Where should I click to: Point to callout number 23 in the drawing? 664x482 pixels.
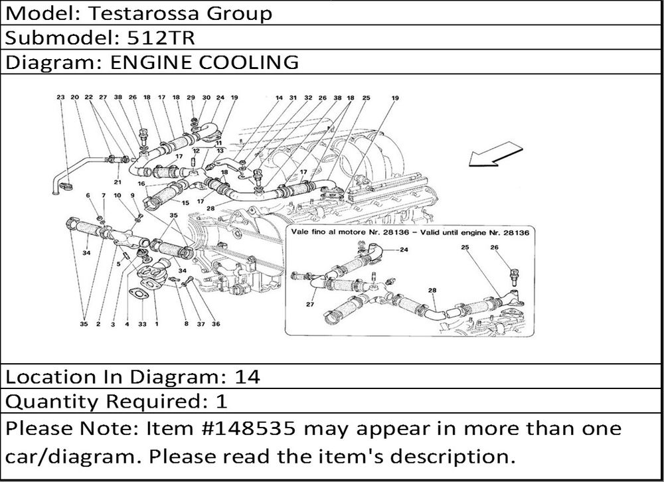click(60, 98)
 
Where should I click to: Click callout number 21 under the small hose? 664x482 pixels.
click(118, 182)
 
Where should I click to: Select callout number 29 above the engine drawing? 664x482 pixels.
click(191, 98)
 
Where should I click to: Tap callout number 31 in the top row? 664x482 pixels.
click(293, 98)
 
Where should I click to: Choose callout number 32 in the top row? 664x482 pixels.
click(308, 98)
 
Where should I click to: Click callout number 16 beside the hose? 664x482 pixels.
click(141, 183)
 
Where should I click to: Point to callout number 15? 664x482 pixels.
click(185, 202)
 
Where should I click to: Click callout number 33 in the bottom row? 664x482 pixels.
click(141, 324)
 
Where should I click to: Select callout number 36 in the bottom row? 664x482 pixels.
click(216, 324)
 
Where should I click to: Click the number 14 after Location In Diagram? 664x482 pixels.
click(247, 377)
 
